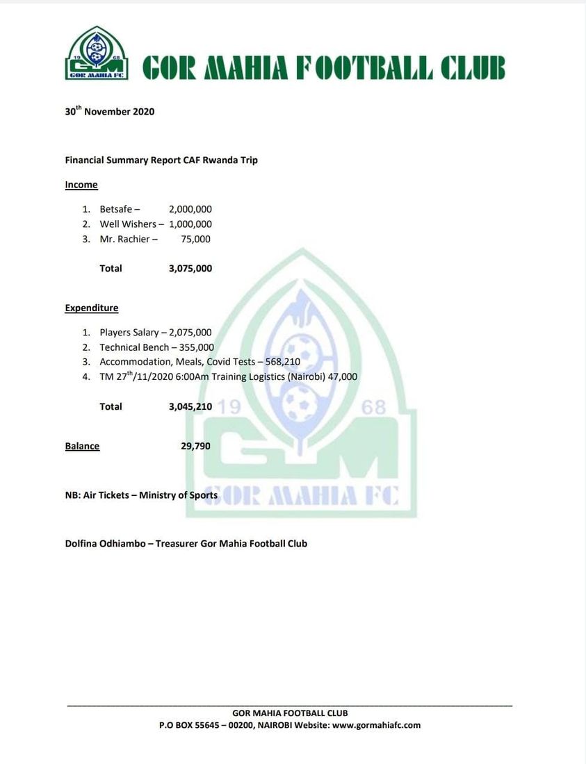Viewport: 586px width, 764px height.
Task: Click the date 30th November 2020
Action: (110, 111)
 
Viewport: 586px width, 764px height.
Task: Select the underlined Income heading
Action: (81, 185)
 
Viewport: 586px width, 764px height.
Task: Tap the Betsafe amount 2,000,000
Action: (190, 209)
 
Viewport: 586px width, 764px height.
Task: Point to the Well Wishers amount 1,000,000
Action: (190, 224)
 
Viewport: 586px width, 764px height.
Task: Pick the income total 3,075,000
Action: (190, 268)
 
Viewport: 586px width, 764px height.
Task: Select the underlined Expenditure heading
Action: (92, 308)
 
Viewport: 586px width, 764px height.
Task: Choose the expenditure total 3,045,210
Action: (190, 406)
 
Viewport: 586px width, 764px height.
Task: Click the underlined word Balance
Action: (82, 446)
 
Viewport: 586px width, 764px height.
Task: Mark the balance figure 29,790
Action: (195, 446)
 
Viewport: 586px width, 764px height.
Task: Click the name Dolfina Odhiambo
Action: (106, 543)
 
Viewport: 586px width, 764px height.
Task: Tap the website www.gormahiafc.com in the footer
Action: (376, 725)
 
